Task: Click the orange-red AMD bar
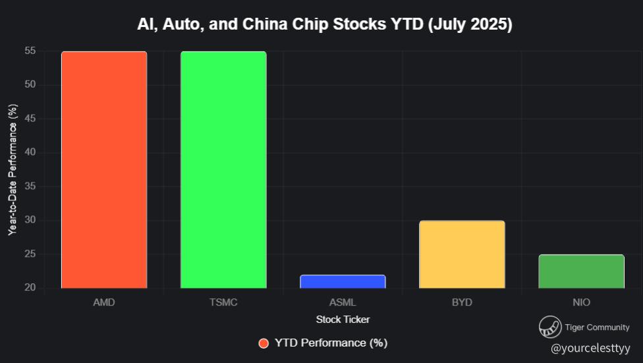click(x=104, y=170)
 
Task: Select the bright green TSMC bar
click(x=223, y=170)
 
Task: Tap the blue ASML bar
click(x=343, y=281)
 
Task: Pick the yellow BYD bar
click(x=462, y=254)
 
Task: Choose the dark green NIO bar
click(x=581, y=271)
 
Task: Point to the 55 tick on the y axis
click(x=30, y=51)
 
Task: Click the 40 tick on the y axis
click(x=30, y=152)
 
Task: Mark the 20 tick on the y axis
click(x=30, y=288)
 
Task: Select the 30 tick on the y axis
click(x=30, y=220)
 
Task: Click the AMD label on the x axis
click(x=104, y=302)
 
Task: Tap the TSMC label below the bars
click(x=223, y=302)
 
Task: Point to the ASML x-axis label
click(x=343, y=302)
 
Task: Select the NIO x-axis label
click(x=581, y=302)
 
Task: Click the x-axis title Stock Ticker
click(x=343, y=320)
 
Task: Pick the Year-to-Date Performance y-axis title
click(x=12, y=169)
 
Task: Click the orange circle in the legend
click(x=264, y=343)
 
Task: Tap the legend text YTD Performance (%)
click(x=331, y=343)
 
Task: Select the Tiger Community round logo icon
click(x=549, y=327)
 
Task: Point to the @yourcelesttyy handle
click(x=590, y=347)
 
